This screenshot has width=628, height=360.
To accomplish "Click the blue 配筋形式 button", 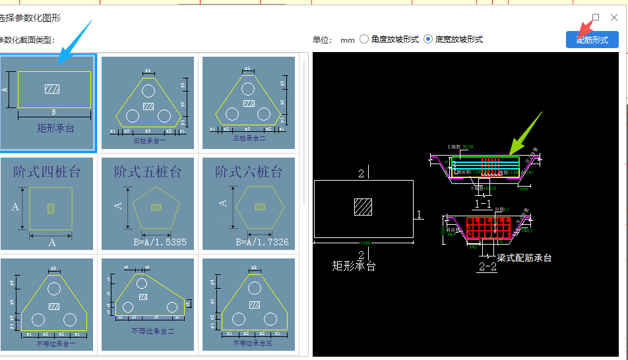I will (592, 40).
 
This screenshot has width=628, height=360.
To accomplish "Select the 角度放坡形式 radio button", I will (364, 40).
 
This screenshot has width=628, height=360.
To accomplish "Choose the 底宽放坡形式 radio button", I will (428, 40).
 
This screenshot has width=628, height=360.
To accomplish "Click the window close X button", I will (614, 17).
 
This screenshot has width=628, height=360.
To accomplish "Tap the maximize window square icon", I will (596, 17).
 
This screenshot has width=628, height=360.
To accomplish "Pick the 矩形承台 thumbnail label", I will (56, 128).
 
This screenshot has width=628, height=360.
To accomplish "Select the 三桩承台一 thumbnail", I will (148, 103).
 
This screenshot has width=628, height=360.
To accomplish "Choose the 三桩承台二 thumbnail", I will (249, 103).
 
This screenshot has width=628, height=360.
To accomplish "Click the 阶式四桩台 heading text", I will (47, 172).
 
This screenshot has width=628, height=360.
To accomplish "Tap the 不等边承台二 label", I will (149, 331).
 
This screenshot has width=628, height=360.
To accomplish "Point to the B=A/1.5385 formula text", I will (160, 242).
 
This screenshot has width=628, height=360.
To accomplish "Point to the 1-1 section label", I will (484, 204).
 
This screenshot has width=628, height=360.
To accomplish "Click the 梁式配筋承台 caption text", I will (524, 258).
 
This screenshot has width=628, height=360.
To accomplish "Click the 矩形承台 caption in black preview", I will (354, 266).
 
